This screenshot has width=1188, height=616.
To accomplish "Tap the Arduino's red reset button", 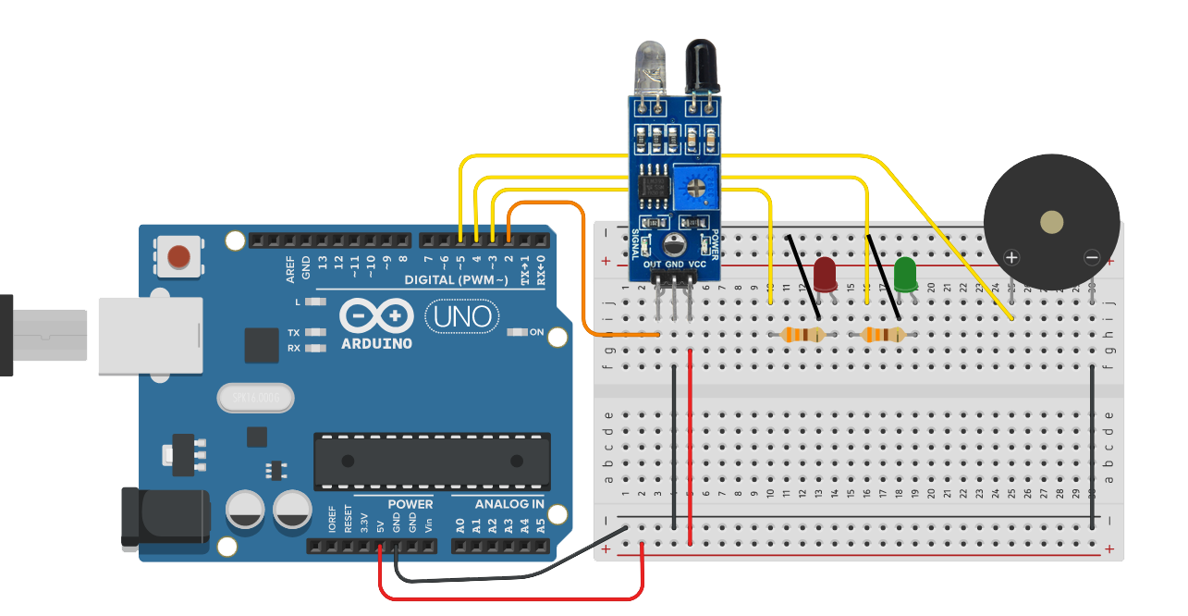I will coord(180,256).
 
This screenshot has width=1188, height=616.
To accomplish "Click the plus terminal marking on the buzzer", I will coord(1012,258).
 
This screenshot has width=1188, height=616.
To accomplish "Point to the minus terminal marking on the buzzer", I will coord(1092,258).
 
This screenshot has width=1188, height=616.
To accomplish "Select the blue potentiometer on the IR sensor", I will coord(696,184).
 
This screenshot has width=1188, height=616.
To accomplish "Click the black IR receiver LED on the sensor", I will coord(699,67).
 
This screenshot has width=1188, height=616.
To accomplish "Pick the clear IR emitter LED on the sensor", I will coord(645,67).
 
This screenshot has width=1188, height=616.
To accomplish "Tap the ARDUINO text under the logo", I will coord(377,343).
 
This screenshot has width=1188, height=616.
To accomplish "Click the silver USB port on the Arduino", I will coord(150,335).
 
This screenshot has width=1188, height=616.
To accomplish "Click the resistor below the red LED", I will coord(802,335).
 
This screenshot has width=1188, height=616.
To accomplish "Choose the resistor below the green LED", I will coord(883,335).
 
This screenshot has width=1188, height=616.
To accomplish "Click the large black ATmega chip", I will coord(431,461).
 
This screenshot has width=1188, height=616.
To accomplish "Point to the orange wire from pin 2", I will coord(582,277).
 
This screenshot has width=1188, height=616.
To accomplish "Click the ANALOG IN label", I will coord(509,504).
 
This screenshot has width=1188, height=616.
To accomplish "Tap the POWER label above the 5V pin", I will coord(410,504).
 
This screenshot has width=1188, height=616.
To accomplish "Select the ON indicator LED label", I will coord(536,332).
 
